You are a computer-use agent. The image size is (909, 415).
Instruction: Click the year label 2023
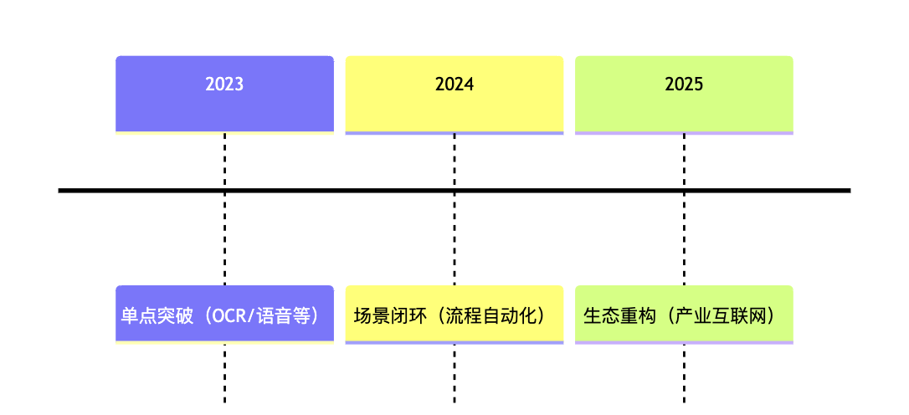click(224, 85)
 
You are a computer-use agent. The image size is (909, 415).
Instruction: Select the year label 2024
click(454, 85)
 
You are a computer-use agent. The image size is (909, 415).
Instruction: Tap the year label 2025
click(684, 85)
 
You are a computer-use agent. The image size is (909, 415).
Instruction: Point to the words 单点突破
click(157, 316)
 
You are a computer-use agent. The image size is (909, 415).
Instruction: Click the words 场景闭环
click(389, 316)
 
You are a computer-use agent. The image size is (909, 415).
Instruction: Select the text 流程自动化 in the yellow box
click(491, 316)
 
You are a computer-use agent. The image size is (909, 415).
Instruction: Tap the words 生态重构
click(619, 316)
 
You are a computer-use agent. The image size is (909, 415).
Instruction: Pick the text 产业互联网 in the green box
click(722, 316)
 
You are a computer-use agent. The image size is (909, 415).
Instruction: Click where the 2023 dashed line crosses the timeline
click(224, 190)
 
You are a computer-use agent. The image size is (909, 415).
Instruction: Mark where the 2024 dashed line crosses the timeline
click(454, 190)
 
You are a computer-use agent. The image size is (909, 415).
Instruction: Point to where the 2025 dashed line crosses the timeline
click(684, 190)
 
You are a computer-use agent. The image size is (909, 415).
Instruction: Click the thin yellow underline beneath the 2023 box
click(224, 133)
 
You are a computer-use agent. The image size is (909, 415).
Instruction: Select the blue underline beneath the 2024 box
click(454, 133)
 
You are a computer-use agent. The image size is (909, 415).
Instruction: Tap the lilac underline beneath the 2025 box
click(684, 133)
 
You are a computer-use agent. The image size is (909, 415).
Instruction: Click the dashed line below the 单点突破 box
click(224, 373)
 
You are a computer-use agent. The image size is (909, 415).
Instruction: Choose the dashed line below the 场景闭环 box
click(454, 373)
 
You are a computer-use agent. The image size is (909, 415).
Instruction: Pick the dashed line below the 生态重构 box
click(684, 373)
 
